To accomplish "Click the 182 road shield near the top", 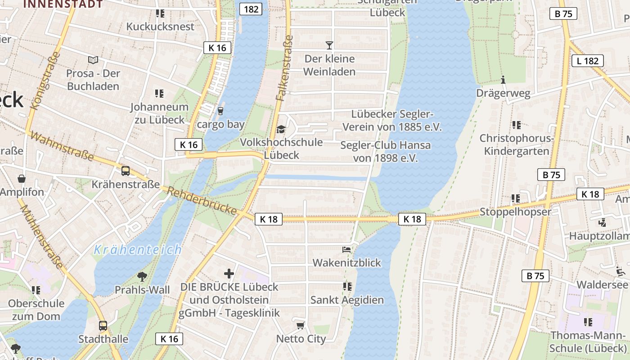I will (x=250, y=9).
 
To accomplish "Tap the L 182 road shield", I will (x=587, y=61).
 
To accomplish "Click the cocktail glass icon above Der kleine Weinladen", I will (x=329, y=45).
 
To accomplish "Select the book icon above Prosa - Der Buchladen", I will (x=93, y=60).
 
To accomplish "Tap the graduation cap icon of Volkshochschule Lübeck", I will (x=281, y=130).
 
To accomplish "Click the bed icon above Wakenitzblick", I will (x=346, y=249).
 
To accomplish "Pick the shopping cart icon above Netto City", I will (x=301, y=325).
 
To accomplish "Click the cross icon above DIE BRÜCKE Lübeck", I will (x=229, y=273).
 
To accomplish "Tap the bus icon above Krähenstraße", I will (x=126, y=171).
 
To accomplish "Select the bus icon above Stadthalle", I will (x=103, y=325).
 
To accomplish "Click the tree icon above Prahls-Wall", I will (x=142, y=276).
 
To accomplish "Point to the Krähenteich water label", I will (x=137, y=250).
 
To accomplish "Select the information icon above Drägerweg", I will (x=503, y=80).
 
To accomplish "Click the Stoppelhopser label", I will (x=515, y=211).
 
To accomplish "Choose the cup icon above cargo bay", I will (x=220, y=111).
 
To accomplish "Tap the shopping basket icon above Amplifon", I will (x=22, y=179).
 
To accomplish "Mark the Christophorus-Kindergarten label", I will (x=517, y=144).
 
